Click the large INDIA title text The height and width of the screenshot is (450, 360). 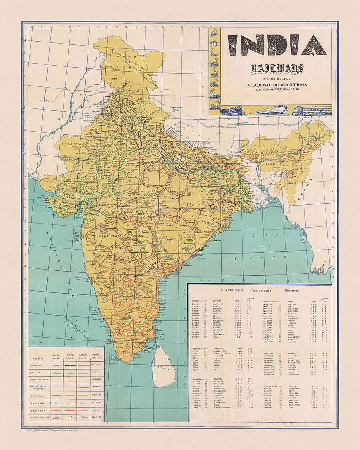tap(277, 45)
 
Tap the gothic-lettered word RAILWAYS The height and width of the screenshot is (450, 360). tap(277, 69)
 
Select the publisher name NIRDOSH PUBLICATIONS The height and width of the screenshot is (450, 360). tap(277, 85)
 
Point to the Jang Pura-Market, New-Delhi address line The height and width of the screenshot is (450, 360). tap(277, 90)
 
